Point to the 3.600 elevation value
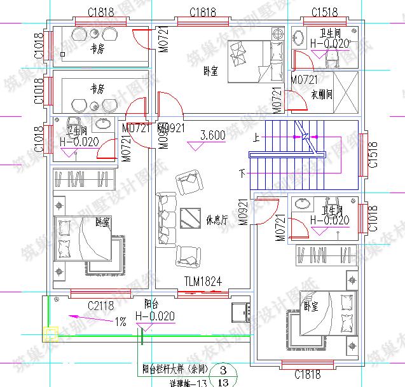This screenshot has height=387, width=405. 212,135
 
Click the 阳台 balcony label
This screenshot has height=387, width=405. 151,303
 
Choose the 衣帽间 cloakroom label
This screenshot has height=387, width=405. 322,95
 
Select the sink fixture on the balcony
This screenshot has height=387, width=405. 241,313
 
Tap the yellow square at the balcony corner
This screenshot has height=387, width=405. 49,332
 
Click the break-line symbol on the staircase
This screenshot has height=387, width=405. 306,135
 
